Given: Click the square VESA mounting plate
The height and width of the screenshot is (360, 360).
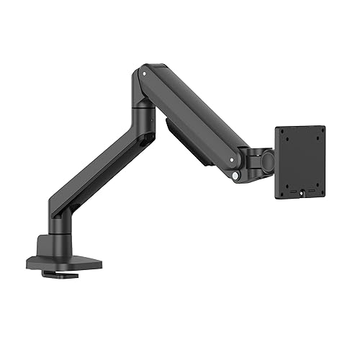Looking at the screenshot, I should tap(300, 162).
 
